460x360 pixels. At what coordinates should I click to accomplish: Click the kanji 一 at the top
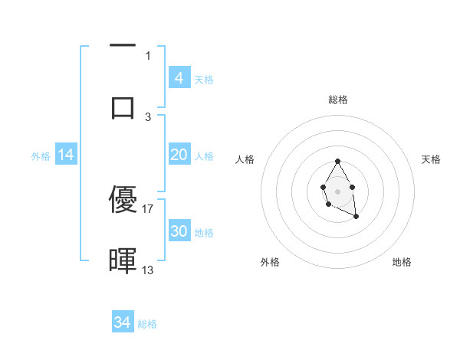coord(123,47)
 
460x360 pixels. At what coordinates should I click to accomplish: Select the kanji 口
coord(123,107)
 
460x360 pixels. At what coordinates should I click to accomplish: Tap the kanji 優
coord(123,200)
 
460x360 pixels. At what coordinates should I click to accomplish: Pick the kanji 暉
coord(123,260)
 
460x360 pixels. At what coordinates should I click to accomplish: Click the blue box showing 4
coord(179,78)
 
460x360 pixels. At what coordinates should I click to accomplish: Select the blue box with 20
coord(179,155)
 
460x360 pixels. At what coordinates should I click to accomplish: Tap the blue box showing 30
coord(179,231)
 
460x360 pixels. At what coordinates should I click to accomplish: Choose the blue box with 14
coord(66,155)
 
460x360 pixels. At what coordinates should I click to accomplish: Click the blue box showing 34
coord(123,322)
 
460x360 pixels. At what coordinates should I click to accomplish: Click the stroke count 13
coord(148,270)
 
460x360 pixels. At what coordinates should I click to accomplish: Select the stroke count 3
coord(148,116)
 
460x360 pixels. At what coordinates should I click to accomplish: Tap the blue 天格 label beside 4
coord(204,79)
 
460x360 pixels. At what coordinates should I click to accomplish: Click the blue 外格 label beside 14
coord(41,156)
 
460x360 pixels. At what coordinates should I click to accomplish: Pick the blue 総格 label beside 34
coord(147,323)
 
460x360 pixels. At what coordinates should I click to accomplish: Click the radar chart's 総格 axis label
coord(337,100)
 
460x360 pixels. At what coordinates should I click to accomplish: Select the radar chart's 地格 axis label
coord(402,262)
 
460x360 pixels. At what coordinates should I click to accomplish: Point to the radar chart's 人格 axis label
coord(245,159)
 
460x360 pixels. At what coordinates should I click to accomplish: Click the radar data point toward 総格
coord(337,161)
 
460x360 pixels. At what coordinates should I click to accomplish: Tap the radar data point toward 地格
coord(356,217)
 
